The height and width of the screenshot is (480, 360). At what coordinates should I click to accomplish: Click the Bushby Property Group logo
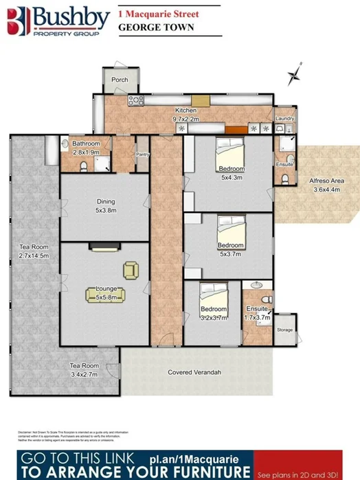click(x=55, y=21)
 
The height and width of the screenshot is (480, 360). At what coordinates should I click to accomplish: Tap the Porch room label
click(x=120, y=80)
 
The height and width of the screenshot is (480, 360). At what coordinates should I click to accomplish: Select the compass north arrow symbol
click(x=295, y=72)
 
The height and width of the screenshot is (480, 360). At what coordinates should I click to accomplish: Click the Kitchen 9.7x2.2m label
click(x=186, y=115)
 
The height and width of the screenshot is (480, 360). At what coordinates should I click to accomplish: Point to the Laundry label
click(x=284, y=118)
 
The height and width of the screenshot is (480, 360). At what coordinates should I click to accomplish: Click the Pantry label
click(x=142, y=155)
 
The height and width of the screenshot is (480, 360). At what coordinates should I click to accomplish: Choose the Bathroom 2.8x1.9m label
click(x=87, y=148)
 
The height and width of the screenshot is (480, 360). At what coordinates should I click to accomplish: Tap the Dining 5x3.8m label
click(x=104, y=205)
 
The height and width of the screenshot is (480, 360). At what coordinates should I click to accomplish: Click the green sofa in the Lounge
click(x=105, y=294)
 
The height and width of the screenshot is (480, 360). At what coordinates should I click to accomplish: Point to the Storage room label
click(x=284, y=331)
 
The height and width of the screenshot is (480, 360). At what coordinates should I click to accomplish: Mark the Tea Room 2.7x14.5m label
click(x=33, y=251)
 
